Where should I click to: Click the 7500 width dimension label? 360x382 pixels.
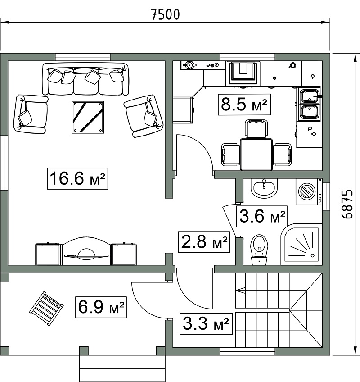coord(166,14)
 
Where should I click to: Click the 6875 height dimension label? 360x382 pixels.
coord(346,204)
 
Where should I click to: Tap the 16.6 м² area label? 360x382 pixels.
coord(77,178)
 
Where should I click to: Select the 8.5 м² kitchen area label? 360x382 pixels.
coord(244,105)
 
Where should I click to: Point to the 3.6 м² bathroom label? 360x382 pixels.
coord(262,216)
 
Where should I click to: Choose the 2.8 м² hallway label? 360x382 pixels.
coord(204,242)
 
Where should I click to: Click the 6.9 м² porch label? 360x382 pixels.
coord(101,307)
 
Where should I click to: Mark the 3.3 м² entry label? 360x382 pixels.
coord(206,324)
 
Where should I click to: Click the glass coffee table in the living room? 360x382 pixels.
coord(88,117)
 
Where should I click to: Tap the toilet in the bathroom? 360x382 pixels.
coord(259,250)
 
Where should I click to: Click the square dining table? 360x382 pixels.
coord(256,154)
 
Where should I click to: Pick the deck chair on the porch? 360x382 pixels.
coord(46,309)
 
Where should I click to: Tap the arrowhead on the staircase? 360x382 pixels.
coord(240,290)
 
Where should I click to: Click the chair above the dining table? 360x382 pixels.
coord(256,129)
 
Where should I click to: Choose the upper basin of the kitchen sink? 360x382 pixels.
coord(310,95)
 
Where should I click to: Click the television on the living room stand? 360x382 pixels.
coord(86,255)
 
